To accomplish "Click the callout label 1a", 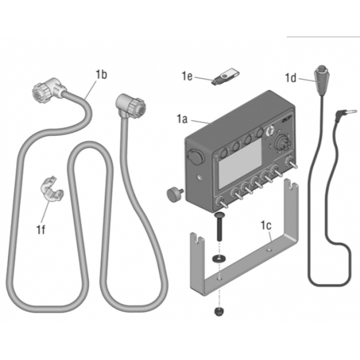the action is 182,119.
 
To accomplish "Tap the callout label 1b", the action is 101,74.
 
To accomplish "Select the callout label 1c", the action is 266,226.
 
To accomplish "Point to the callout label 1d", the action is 290,78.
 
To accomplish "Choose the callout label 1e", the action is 187,76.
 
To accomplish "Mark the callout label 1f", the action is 41,229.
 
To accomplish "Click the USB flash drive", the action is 225,76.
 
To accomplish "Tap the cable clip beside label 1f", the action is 52,188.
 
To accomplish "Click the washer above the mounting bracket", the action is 219,258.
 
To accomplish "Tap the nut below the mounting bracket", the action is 219,311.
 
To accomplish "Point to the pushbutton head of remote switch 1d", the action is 322,68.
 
